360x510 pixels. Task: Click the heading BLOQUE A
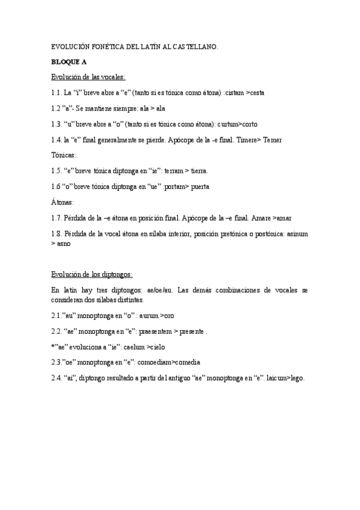pyautogui.click(x=69, y=61)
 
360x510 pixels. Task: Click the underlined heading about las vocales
pyautogui.click(x=88, y=77)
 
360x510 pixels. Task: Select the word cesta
pyautogui.click(x=255, y=93)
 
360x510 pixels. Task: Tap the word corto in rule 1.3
pyautogui.click(x=246, y=124)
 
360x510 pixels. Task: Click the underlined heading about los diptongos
pyautogui.click(x=91, y=275)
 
